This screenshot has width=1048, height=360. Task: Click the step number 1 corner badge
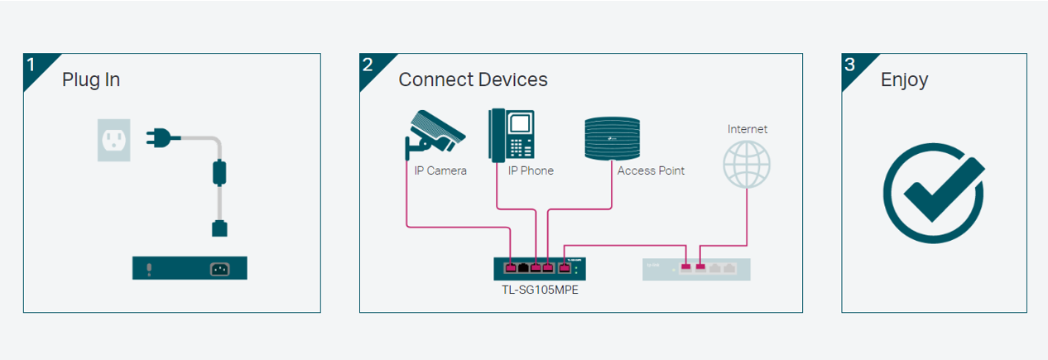(33, 65)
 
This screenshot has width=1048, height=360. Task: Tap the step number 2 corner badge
(369, 65)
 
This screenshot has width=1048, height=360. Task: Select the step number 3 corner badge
(851, 65)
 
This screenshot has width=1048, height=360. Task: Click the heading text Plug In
(91, 79)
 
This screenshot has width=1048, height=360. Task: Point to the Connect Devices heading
(473, 79)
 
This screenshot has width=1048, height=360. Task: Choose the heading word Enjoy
(904, 79)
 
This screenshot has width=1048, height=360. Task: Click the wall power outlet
(113, 139)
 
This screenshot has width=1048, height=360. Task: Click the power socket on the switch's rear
(219, 267)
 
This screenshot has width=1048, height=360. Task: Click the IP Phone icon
(512, 134)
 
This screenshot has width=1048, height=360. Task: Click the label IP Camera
(440, 170)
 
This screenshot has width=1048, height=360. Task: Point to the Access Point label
(651, 170)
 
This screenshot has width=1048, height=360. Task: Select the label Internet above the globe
(747, 129)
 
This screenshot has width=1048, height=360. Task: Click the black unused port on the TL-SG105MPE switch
(523, 267)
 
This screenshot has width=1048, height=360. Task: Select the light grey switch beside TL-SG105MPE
(696, 267)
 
